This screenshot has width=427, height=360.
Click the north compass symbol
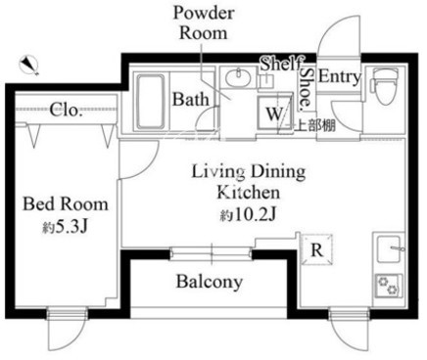[29, 66]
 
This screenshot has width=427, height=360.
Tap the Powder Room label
[204, 23]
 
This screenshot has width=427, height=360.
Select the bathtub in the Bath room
[151, 103]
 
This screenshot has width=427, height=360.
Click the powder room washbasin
[239, 77]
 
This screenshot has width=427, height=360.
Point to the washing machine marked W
[274, 112]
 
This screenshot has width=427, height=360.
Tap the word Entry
[340, 77]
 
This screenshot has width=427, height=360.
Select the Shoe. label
[307, 88]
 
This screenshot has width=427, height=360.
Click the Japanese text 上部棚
[315, 125]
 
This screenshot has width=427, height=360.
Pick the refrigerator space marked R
[316, 249]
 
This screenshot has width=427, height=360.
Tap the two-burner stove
[389, 286]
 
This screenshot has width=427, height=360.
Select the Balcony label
[210, 282]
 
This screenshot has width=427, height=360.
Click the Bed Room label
[66, 204]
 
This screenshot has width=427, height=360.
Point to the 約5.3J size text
[65, 227]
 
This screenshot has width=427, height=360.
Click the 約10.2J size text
[248, 214]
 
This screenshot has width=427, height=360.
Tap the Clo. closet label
[65, 110]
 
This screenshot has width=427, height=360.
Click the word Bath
[191, 99]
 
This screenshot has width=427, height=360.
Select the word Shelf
[281, 64]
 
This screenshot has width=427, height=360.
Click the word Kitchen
[248, 192]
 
